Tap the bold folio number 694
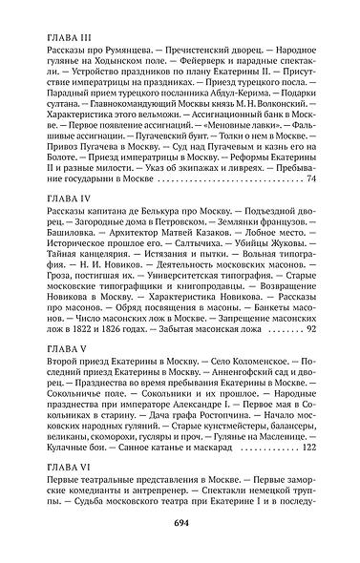coord(180,522)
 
